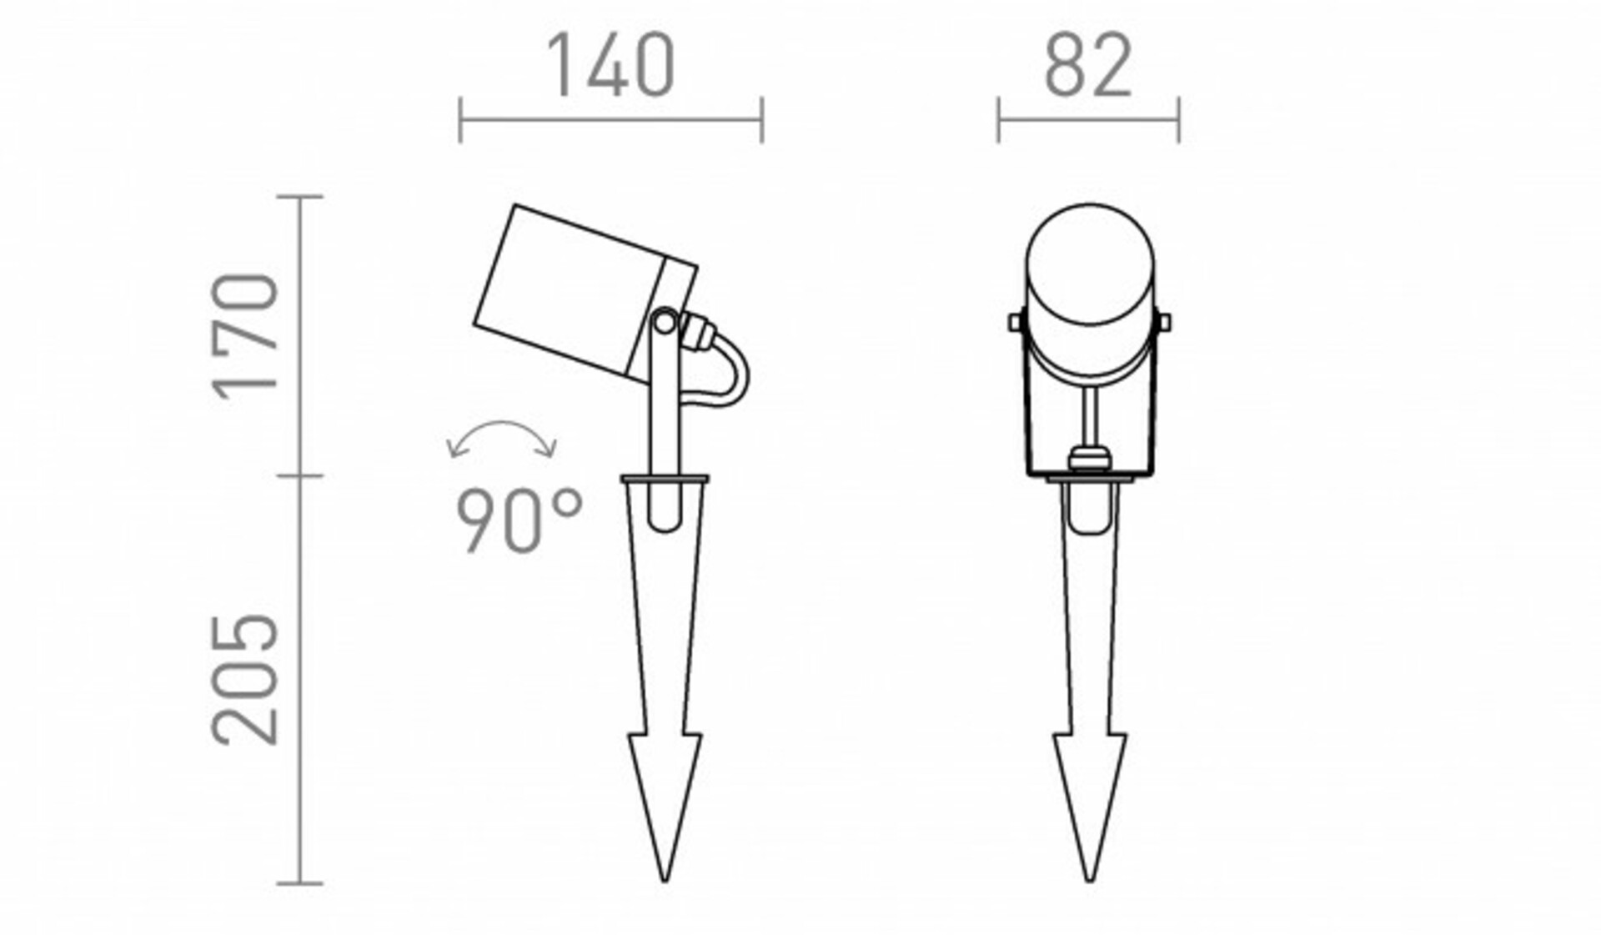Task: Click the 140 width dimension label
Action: pos(610,65)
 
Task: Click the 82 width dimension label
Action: pos(1088,65)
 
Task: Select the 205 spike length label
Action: pos(245,679)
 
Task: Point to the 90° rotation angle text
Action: pos(519,521)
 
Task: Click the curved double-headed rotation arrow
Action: pos(502,430)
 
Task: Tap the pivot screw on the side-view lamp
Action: pos(665,322)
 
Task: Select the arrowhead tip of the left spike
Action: pos(665,881)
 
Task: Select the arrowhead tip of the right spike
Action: pos(1090,881)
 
